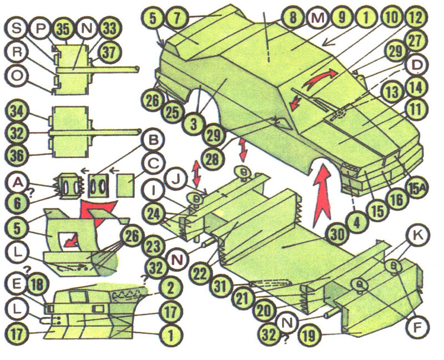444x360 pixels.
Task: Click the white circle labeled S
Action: pos(17,29)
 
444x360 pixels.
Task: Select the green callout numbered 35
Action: pos(63,29)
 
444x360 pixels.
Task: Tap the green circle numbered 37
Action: pos(109,52)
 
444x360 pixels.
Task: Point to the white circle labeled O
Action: pos(17,77)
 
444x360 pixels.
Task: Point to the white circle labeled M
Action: pos(317,18)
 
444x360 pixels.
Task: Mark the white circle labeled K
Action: pos(418,235)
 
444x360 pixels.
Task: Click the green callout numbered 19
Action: pos(311,336)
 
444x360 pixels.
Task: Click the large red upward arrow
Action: pos(321,197)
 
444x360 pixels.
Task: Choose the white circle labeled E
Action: pos(17,285)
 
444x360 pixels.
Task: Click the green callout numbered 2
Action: pos(170,288)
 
